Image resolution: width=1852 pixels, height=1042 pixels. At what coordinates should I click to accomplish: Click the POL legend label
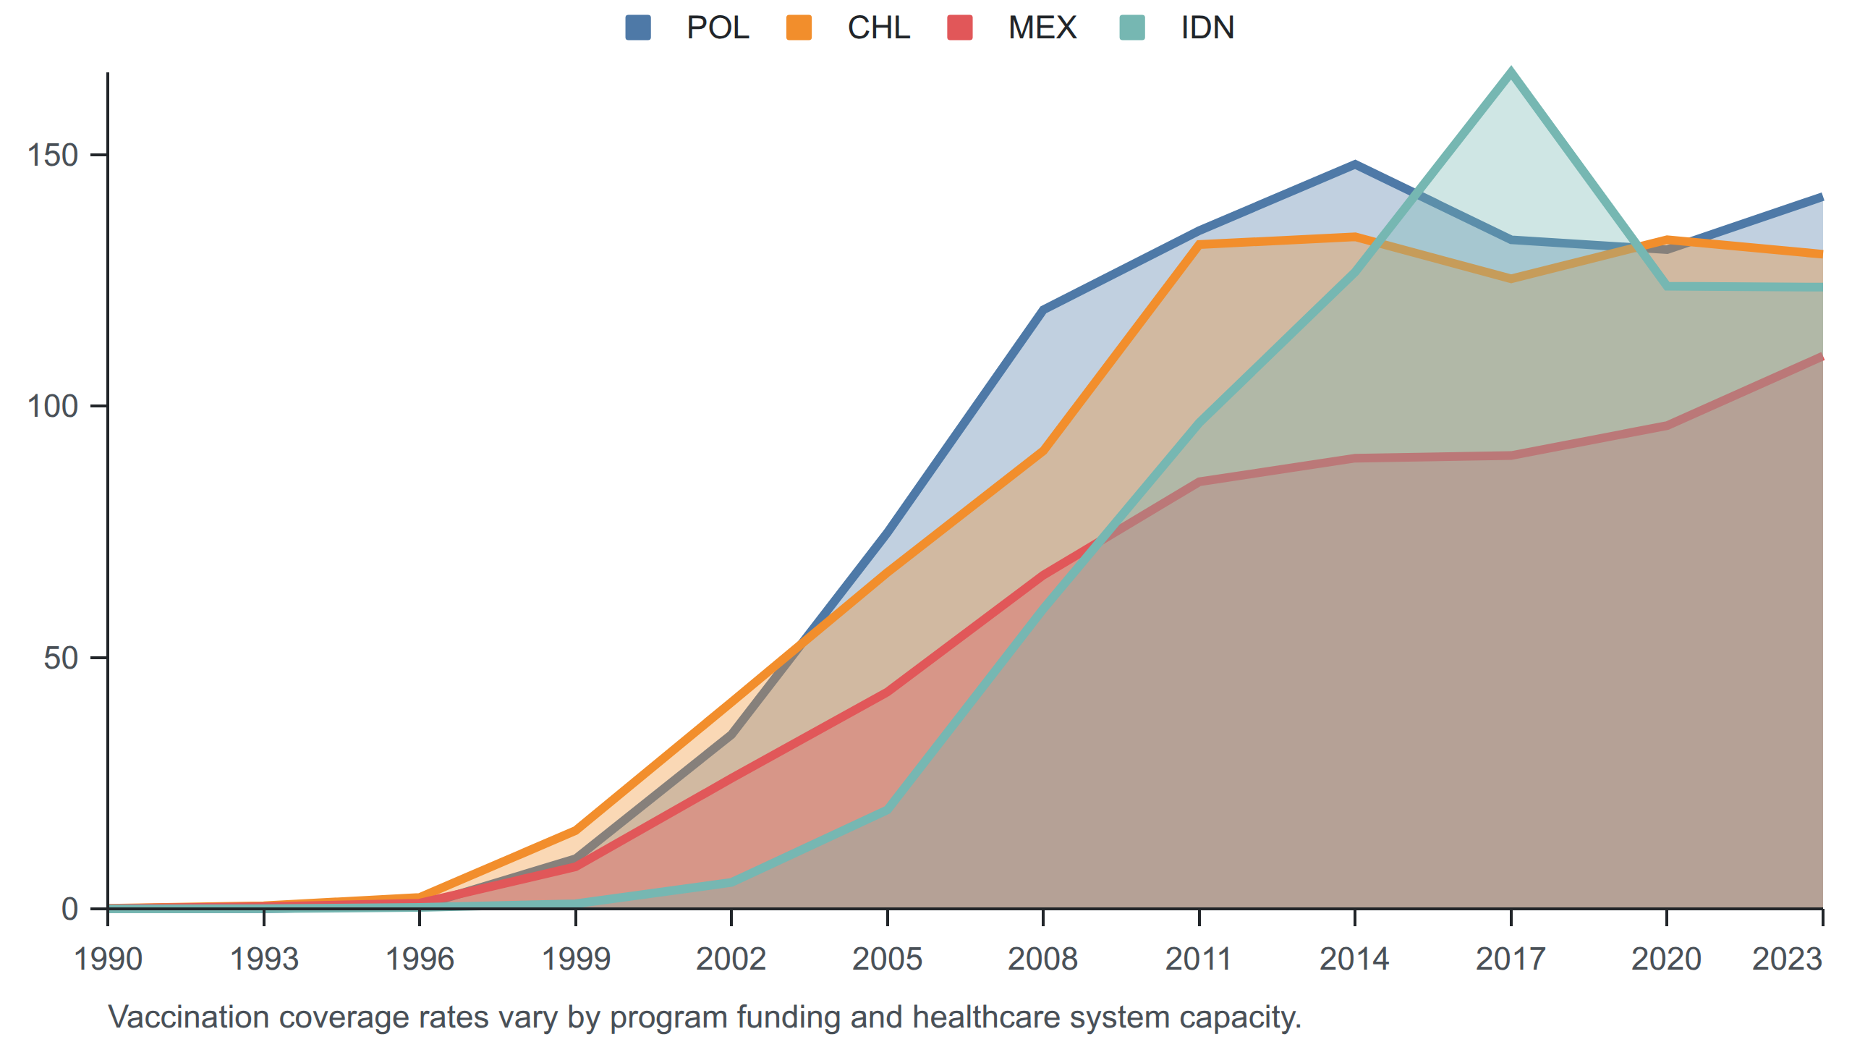[x=718, y=28]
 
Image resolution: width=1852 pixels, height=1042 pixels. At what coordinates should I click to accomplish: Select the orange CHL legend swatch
[x=799, y=28]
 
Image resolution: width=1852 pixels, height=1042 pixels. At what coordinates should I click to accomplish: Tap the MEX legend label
[x=1042, y=28]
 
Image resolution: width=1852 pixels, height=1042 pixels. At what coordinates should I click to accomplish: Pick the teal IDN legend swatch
[x=1132, y=28]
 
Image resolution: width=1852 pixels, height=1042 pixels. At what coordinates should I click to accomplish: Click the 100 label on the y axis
[x=52, y=406]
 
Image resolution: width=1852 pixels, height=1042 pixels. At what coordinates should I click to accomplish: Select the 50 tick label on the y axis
[x=61, y=658]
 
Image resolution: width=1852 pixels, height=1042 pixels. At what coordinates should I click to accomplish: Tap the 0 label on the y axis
[x=70, y=909]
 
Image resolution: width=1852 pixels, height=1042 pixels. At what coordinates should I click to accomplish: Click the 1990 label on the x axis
[x=109, y=960]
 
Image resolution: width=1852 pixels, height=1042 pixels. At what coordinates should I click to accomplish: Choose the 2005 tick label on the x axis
[x=888, y=960]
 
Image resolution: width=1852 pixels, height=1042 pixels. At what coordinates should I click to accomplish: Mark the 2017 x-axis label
[x=1511, y=960]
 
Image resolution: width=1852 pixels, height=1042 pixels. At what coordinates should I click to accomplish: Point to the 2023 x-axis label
[x=1787, y=960]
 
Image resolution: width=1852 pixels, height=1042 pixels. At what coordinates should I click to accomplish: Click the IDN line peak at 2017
[x=1511, y=72]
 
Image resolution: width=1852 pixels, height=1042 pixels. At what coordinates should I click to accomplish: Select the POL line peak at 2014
[x=1355, y=165]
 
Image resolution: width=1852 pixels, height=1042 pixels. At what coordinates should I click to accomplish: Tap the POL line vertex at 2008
[x=1043, y=310]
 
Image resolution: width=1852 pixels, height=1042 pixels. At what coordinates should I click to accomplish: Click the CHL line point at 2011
[x=1199, y=245]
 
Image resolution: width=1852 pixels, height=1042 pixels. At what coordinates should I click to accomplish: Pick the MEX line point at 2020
[x=1667, y=425]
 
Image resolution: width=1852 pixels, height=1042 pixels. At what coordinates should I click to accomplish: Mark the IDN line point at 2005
[x=888, y=810]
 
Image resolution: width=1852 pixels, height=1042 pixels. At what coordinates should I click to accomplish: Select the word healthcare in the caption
[x=986, y=1017]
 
